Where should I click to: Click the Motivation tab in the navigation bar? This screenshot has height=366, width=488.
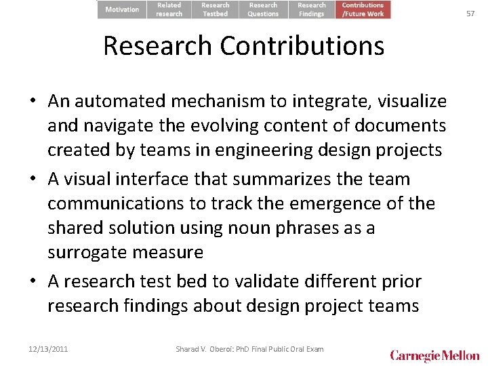122,9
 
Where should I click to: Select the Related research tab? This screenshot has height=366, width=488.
169,9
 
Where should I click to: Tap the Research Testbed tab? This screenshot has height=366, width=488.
216,9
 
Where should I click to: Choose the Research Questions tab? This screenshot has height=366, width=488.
263,9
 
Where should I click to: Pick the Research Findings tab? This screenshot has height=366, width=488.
311,9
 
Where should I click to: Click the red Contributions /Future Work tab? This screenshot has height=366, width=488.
363,9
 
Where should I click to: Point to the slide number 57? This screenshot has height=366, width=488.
470,13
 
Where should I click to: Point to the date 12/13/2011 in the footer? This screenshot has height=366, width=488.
49,349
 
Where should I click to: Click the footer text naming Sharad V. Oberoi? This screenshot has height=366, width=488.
249,349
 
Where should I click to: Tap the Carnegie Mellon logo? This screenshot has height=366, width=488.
434,355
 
